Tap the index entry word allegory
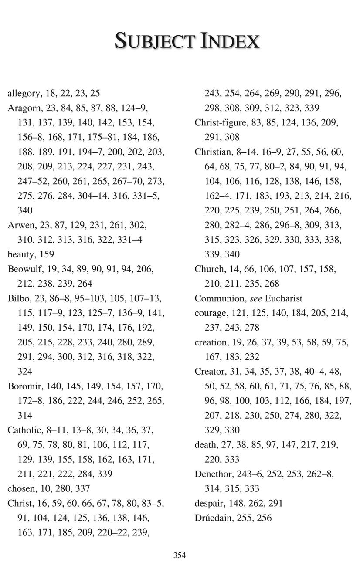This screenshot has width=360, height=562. coord(24,93)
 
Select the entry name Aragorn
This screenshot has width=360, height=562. coord(24,108)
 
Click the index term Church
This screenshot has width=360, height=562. coord(208,269)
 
